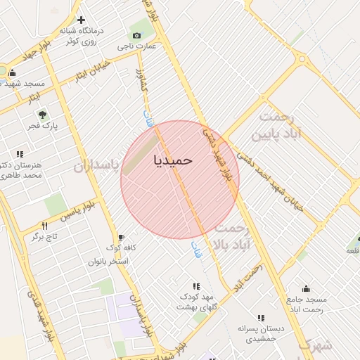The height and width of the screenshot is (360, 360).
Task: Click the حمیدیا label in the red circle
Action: [x=172, y=160]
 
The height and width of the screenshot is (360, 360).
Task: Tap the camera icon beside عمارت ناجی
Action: [x=136, y=35]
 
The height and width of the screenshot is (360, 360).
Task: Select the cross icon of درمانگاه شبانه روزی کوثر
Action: [x=81, y=20]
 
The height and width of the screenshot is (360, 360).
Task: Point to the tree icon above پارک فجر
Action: [x=43, y=114]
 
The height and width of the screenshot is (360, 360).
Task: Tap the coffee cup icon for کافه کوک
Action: [x=121, y=237]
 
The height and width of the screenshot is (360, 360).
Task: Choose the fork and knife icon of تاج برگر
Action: [x=45, y=226]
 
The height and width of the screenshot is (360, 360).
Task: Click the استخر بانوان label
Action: [x=108, y=261]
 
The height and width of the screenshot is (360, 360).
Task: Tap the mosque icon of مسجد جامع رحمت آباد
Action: [x=306, y=288]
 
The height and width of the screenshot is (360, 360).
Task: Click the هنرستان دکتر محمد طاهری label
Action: [x=20, y=169]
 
